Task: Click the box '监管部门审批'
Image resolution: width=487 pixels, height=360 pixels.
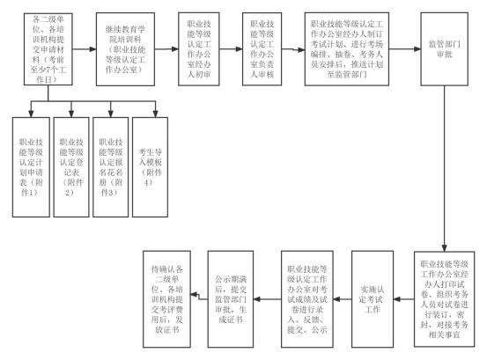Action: tap(444, 49)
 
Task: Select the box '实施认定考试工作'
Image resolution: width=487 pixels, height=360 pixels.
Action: tap(373, 299)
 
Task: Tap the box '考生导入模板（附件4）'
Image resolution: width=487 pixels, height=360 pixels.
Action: tap(150, 167)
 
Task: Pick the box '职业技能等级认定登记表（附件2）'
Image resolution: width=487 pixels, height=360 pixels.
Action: tap(71, 167)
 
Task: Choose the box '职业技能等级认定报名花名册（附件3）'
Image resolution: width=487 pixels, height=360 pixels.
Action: tap(111, 167)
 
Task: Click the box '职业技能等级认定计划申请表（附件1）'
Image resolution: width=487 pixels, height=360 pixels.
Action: tap(31, 167)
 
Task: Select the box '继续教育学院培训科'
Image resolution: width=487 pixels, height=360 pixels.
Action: tap(125, 49)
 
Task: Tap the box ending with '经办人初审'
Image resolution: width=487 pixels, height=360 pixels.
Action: tap(199, 49)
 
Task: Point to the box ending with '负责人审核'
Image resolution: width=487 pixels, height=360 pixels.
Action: tap(262, 49)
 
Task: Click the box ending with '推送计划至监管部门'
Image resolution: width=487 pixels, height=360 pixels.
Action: tap(347, 49)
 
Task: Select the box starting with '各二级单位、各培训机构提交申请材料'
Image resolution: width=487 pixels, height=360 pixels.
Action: tap(48, 49)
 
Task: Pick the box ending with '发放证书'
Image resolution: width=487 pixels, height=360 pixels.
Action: tap(166, 299)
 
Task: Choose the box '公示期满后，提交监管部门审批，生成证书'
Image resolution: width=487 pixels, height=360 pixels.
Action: tap(231, 299)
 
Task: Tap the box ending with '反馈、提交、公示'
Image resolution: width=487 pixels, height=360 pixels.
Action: tap(307, 299)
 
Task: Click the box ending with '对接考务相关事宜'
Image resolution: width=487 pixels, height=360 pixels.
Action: tap(444, 299)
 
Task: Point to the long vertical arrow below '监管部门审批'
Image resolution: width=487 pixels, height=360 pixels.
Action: tap(444, 168)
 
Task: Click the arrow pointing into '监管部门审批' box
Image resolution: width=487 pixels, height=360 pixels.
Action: tap(405, 49)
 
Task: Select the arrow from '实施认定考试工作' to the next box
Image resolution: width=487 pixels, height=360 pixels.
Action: tap(343, 299)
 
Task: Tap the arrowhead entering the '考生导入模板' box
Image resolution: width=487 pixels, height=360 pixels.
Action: tap(155, 114)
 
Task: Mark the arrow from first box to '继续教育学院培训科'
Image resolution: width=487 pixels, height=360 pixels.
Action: tap(85, 49)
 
